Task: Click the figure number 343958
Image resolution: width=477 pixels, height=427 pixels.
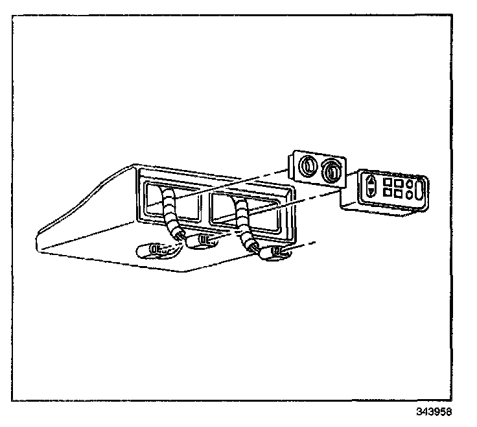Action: point(436,412)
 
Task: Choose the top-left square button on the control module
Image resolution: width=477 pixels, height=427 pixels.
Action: point(386,184)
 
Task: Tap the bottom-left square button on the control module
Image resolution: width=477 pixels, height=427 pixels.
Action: point(386,194)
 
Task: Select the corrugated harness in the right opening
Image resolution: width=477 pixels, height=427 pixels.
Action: point(244,221)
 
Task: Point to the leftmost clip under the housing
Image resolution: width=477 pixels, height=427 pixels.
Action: point(156,249)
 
